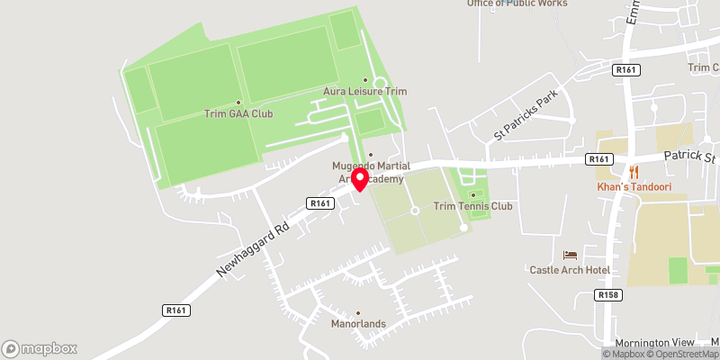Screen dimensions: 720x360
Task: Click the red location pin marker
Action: tap(360, 179)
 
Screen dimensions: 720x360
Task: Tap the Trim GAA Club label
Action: tap(238, 114)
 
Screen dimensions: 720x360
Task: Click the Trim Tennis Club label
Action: tap(472, 206)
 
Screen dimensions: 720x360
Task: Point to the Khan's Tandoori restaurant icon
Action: tap(634, 171)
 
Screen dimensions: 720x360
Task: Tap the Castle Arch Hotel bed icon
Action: tap(569, 256)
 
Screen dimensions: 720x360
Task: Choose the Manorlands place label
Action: tap(358, 324)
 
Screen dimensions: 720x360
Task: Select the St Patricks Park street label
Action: tap(526, 115)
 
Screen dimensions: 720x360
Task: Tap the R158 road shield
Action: tap(609, 294)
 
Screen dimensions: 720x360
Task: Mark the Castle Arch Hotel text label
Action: tap(570, 270)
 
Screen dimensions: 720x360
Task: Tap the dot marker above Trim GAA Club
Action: tap(238, 103)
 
